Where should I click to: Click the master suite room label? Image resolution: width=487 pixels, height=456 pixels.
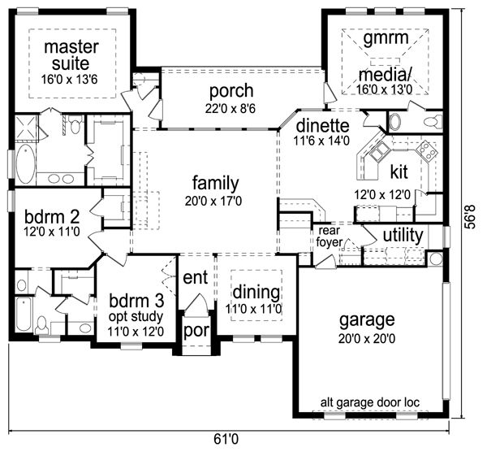pos(71,55)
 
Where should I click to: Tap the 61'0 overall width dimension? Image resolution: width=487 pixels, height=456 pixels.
pos(226,439)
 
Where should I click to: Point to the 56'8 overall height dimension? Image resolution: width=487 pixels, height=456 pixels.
pos(471,216)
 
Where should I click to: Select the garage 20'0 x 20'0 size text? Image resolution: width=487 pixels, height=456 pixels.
pos(367,338)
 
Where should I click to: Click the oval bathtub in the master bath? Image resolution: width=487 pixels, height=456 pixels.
pos(25,164)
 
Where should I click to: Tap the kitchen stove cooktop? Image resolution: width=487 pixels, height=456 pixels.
pos(427,151)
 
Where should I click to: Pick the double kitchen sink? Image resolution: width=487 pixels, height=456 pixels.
pos(380,152)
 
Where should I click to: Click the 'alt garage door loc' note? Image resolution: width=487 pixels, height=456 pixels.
pos(370,402)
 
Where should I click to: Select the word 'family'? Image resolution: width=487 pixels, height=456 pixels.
pos(216,183)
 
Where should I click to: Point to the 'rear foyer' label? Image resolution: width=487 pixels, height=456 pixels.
pos(330,237)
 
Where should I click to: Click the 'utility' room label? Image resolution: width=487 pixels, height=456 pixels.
pos(403,236)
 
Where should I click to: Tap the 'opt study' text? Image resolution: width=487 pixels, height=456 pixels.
pos(136,317)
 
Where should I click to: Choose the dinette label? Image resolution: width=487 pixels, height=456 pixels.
pos(323,126)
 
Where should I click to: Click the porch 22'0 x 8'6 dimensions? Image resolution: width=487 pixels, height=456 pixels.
pos(231,108)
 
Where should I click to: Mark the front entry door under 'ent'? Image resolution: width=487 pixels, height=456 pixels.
pos(196,306)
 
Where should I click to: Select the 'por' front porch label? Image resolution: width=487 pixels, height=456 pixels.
pos(196,331)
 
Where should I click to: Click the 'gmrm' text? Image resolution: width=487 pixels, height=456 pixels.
pos(386,38)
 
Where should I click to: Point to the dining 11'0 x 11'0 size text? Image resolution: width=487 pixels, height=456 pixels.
pos(254,309)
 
